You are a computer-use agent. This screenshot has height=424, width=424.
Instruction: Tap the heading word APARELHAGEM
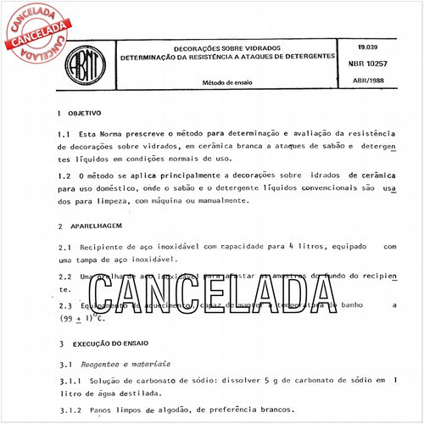pyautogui.click(x=96, y=227)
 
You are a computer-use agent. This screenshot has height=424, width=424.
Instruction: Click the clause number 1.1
pyautogui.click(x=64, y=134)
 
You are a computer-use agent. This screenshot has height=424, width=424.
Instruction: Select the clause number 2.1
pyautogui.click(x=64, y=247)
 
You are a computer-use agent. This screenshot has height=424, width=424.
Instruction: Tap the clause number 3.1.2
pyautogui.click(x=68, y=410)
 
